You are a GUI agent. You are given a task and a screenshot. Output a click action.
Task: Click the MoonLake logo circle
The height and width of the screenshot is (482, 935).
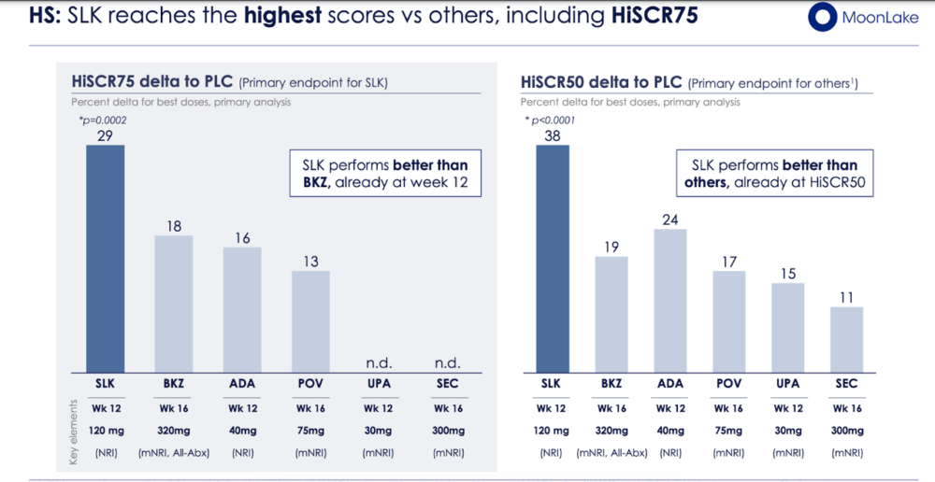pos(823,17)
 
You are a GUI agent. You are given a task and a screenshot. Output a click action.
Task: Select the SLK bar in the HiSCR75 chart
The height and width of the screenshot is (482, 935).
pos(106,259)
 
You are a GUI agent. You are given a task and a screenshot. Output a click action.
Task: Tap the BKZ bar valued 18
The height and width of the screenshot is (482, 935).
pos(174,305)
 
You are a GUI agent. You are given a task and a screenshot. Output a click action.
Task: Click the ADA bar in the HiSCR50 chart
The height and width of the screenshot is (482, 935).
pos(670,302)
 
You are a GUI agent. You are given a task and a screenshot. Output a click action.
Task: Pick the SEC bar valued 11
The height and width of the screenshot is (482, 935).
pos(846,340)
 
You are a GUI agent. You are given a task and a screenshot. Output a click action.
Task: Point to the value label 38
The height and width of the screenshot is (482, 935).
pos(553,135)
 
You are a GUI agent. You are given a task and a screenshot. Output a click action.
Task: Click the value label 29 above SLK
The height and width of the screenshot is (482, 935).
pos(105,135)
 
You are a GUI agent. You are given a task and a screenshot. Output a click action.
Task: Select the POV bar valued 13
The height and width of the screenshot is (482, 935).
pos(310,322)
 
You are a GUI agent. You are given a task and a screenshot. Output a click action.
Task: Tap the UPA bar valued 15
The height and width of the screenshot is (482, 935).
pos(787,328)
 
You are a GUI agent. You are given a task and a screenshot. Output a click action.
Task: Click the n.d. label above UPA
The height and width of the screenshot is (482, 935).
pos(380,362)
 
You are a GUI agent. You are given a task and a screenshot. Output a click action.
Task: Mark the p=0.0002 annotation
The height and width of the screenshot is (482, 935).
pos(103,120)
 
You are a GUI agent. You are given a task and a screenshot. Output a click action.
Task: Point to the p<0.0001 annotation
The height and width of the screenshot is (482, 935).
pos(550,120)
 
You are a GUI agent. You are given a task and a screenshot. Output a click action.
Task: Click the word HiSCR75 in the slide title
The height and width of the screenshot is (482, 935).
pos(654,15)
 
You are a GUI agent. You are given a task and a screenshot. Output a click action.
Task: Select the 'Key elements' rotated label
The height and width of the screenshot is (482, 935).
pos(74,432)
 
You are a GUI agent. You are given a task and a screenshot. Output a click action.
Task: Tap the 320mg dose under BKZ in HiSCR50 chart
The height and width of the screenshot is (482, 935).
pos(611,431)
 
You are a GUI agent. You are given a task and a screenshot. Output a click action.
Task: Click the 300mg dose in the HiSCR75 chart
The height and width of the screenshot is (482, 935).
pos(447,431)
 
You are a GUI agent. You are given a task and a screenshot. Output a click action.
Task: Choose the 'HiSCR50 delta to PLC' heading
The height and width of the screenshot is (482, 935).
pos(601,81)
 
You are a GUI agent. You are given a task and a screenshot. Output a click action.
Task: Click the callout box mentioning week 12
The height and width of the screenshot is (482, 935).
pos(385,173)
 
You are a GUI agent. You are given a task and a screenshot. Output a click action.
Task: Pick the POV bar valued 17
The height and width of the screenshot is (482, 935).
pos(728,322)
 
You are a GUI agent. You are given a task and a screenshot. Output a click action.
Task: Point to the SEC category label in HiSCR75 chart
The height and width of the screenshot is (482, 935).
pos(447,384)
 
